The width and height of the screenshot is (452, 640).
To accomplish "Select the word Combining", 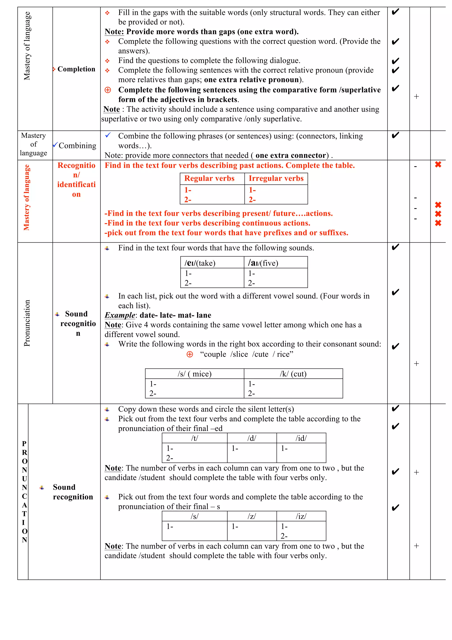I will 77,146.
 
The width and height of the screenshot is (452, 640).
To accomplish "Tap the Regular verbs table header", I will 209,179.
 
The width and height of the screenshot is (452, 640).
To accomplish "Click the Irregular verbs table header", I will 276,179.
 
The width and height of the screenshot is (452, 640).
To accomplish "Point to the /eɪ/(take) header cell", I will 200,263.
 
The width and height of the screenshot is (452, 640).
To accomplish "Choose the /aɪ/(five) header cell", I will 263,263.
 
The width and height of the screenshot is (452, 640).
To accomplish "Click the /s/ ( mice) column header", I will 194,374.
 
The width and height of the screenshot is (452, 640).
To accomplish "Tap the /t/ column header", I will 194,438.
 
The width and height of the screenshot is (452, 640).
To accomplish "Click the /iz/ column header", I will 301,516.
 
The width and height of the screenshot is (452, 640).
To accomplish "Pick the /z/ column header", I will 252,516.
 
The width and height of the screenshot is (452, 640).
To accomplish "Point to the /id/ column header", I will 301,438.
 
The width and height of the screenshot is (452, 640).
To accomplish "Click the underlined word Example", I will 120,315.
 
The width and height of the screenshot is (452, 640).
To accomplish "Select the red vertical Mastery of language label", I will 26,197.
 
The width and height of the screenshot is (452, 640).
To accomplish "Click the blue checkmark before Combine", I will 108,135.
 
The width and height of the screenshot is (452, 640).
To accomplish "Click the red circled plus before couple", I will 190,354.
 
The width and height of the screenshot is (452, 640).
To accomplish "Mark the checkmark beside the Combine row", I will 395,135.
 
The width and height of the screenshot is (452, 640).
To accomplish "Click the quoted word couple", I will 215,354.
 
